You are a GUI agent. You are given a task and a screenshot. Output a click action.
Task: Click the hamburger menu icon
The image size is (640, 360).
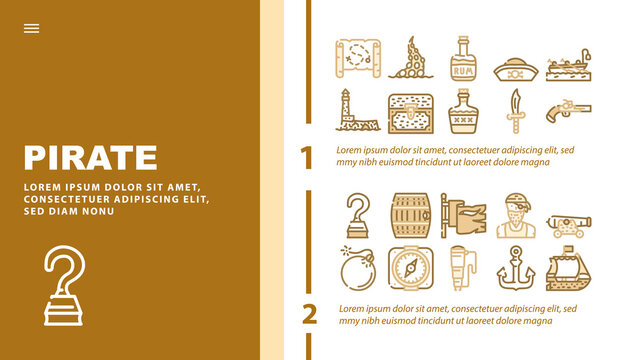coord(31,28)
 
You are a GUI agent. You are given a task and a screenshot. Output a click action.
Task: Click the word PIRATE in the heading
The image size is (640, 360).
coord(91,158)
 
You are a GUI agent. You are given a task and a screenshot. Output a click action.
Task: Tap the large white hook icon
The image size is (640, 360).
coord(64,286)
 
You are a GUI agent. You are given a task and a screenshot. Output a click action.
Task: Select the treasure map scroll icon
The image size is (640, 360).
coord(358,58)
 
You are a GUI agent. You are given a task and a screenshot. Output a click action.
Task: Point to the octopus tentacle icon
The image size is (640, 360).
coord(410,59)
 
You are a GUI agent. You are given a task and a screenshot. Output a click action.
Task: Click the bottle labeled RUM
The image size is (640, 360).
coord(463,58)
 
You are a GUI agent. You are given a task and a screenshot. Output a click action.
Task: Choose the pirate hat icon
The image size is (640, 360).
coord(516,69)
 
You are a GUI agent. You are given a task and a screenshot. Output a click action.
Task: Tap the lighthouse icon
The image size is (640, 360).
coord(357,110)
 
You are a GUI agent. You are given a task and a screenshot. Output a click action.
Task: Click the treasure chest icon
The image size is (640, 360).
coord(411,113)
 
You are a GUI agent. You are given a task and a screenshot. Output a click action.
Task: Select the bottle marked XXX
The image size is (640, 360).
coord(463,111)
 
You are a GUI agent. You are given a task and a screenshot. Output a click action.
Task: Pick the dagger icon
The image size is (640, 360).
coord(516,111)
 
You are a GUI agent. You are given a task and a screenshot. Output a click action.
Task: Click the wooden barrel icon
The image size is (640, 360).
coord(411,216)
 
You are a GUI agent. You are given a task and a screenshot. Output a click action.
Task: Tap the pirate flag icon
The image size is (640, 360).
coord(463,216)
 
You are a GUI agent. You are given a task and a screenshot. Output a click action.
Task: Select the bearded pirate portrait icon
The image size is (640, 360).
coord(516,216)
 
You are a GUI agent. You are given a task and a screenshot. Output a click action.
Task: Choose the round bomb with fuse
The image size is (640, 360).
coord(358,268)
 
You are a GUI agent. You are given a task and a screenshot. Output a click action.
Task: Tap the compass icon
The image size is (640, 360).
coord(411,268)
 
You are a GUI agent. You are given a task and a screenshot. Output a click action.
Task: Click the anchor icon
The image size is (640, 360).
coord(516,268)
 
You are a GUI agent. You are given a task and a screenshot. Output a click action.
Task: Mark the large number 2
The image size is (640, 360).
coord(309,314)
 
